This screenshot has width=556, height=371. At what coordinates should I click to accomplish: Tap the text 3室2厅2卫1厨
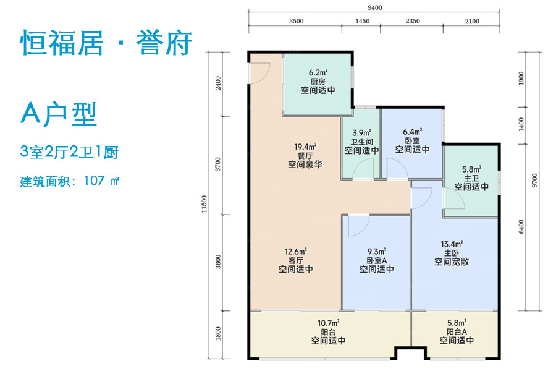click(69, 151)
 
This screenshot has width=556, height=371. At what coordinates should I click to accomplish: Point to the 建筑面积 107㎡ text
click(69, 182)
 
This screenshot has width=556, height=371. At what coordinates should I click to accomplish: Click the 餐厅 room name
click(306, 156)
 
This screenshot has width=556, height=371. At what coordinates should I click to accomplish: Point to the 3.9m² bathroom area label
click(361, 132)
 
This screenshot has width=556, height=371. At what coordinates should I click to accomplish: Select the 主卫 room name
click(471, 177)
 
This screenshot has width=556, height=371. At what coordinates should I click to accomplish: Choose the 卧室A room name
click(377, 260)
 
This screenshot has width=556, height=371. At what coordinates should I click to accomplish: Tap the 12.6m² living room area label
click(295, 252)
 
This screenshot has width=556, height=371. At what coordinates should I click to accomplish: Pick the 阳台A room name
click(456, 332)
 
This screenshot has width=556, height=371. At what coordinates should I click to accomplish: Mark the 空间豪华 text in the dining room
click(306, 165)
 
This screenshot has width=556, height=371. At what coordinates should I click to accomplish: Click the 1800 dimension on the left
click(217, 335)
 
